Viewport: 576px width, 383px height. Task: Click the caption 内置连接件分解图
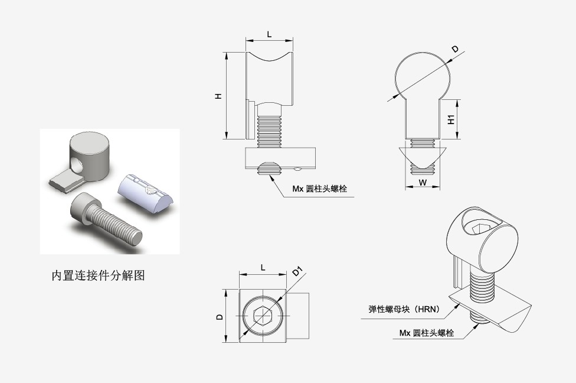pos(98,275)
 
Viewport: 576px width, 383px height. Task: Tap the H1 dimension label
pos(451,119)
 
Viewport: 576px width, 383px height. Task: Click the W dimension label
pos(423,183)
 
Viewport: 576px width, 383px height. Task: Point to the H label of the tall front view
pos(218,95)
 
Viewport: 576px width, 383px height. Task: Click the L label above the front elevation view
pos(269,34)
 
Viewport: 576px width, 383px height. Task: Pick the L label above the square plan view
pos(263,267)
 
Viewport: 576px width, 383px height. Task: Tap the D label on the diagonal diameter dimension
pos(454,50)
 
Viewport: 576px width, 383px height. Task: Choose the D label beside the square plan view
pos(220,317)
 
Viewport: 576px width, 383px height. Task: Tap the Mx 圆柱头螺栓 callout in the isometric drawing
pos(426,333)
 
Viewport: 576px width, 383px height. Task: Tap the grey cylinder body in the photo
pos(89,155)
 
